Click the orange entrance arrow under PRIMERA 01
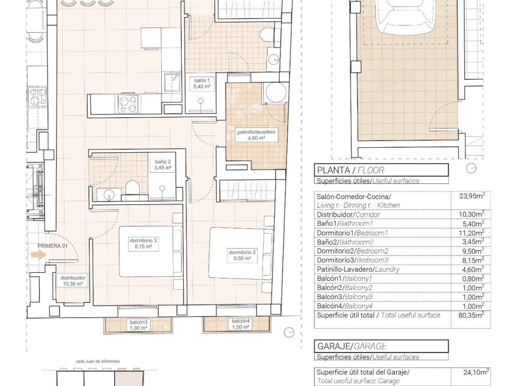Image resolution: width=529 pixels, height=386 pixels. coord(38,255)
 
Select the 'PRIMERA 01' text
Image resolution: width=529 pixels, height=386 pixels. coord(53,246)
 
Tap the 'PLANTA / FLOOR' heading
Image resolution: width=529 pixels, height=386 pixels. coord(350,170)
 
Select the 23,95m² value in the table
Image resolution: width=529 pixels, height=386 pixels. coord(471,196)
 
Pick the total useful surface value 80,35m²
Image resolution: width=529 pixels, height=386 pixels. coord(471,315)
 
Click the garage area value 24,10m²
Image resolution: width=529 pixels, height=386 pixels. coord(471,372)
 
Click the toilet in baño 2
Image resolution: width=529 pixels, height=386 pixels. coord(131,187)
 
